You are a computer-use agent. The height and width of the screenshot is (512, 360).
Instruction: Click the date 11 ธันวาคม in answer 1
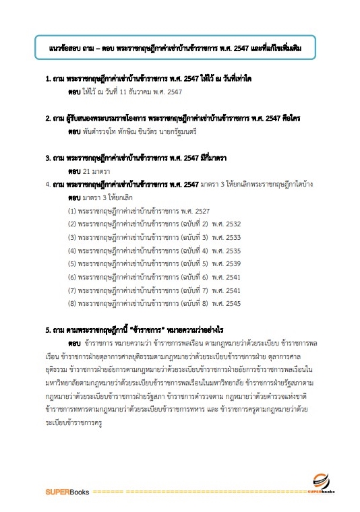coord(129,90)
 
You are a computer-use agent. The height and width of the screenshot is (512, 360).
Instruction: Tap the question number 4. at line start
coord(48,184)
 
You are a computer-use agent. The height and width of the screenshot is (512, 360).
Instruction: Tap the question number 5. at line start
coord(48,331)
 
